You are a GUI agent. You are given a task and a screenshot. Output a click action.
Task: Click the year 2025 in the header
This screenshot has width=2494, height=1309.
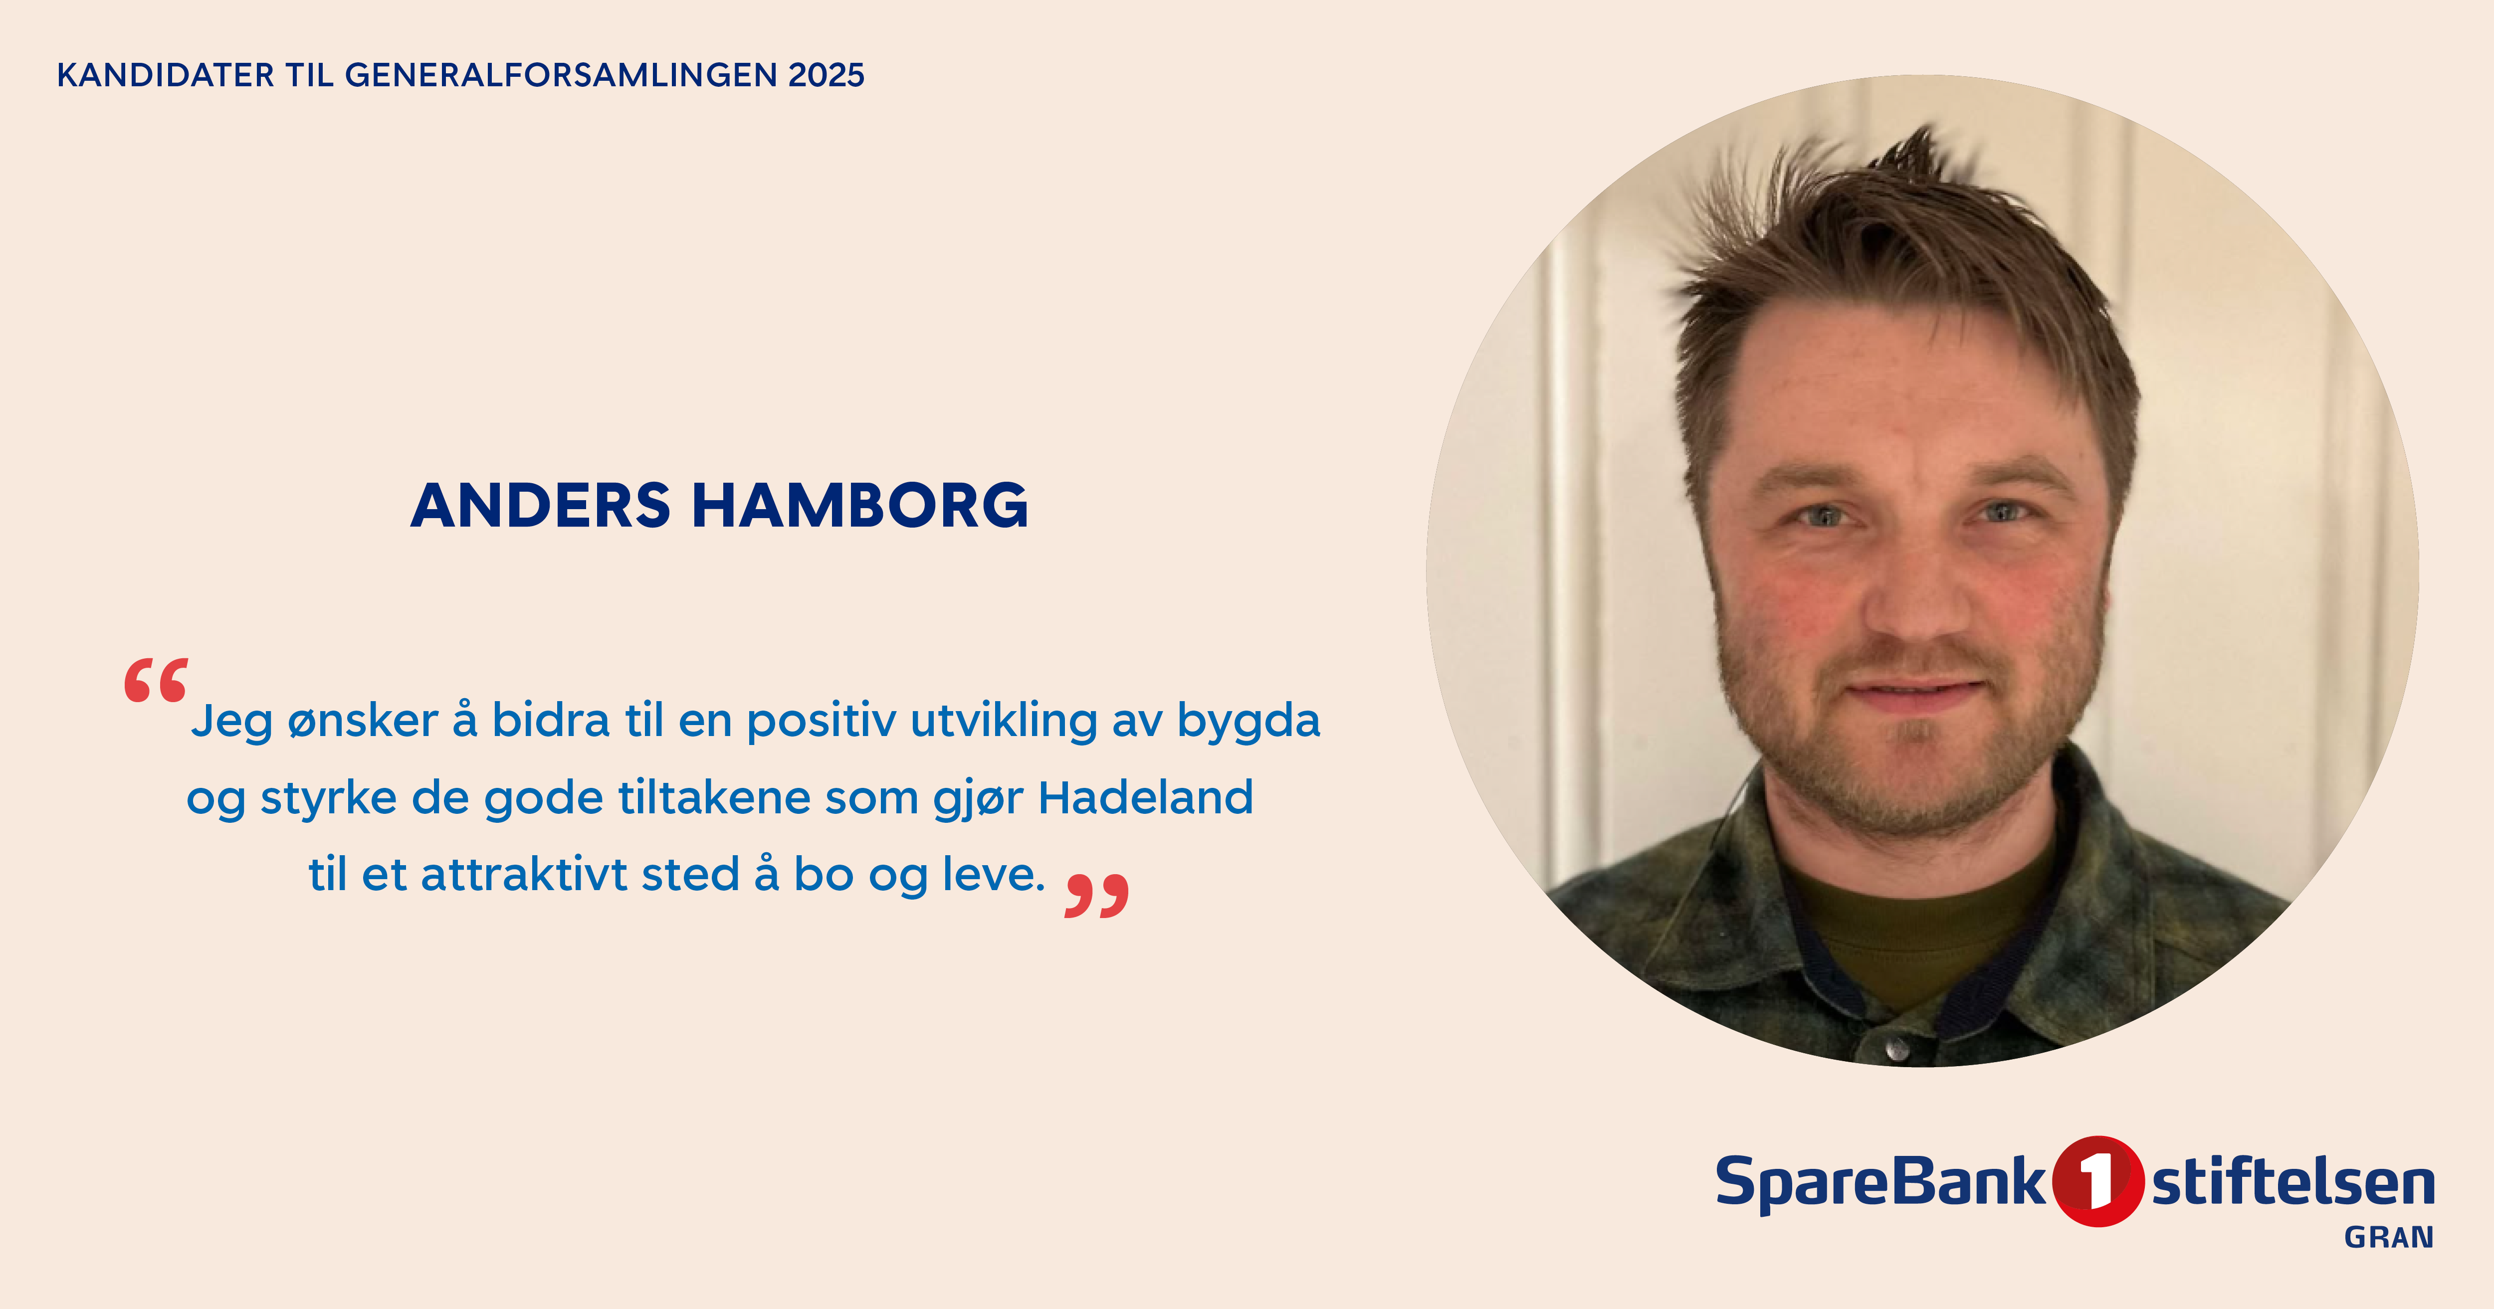[826, 75]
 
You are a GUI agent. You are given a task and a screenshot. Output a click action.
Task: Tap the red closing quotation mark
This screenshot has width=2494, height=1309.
[1097, 896]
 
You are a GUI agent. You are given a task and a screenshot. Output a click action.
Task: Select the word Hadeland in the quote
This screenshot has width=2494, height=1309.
[1145, 798]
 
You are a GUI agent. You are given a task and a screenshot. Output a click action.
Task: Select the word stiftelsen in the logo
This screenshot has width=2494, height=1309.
[2292, 1183]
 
